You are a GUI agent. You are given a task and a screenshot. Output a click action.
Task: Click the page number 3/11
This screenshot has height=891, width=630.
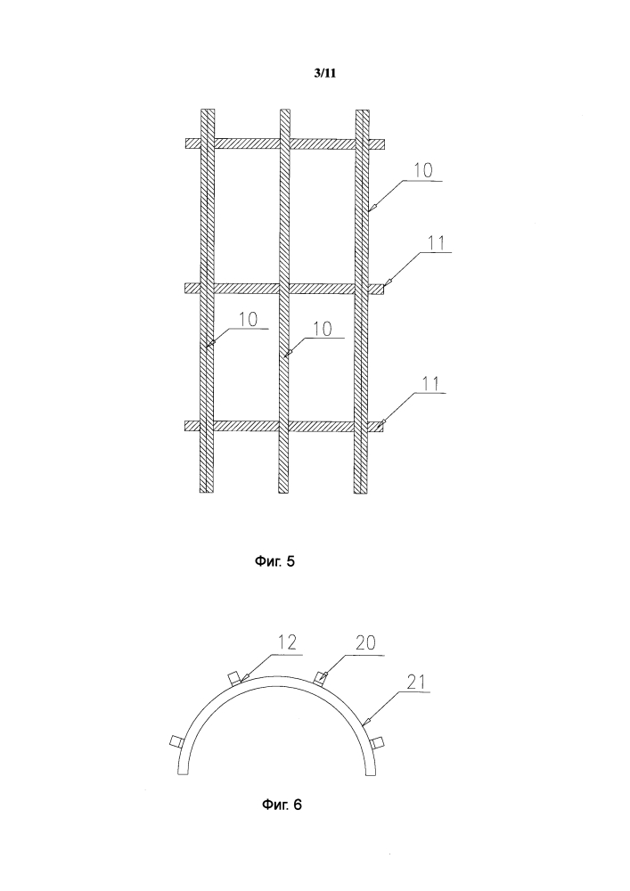click(325, 73)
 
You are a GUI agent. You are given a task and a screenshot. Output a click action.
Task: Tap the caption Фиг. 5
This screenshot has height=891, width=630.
click(274, 562)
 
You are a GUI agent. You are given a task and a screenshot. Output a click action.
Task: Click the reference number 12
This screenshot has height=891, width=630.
click(288, 642)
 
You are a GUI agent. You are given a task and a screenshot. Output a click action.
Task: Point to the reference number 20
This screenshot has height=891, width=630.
click(366, 642)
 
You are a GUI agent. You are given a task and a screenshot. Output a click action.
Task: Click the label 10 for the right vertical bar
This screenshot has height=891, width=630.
click(422, 170)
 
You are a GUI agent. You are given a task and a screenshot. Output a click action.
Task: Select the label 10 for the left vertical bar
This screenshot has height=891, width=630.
click(248, 319)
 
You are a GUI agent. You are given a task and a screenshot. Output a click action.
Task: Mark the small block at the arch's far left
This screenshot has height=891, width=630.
click(176, 741)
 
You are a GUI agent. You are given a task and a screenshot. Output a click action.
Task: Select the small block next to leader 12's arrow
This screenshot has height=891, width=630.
click(234, 678)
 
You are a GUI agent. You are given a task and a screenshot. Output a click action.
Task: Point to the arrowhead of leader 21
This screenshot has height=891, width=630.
click(364, 723)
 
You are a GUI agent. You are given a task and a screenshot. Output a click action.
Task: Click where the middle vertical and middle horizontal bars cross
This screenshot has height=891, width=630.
click(285, 289)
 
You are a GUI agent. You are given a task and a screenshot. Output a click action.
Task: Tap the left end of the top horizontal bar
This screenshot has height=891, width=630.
click(185, 143)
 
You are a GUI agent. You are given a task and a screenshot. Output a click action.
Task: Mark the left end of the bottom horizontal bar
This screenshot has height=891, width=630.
click(185, 426)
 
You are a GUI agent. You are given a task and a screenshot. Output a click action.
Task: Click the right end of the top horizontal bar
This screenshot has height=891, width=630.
click(384, 144)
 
